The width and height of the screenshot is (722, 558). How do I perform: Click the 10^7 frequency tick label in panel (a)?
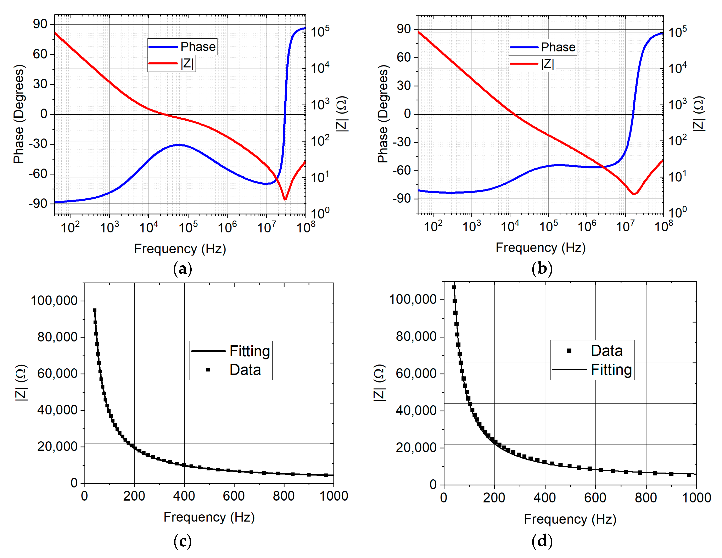tap(267, 227)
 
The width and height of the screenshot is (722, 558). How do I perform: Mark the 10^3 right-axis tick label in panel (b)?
tap(677, 104)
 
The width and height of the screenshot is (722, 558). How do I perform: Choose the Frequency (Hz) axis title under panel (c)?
tap(209, 517)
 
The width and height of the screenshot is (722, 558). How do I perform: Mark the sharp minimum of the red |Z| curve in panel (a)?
tap(285, 199)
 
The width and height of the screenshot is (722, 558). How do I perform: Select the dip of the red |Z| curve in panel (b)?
tap(634, 194)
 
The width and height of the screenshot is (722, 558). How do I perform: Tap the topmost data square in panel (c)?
tap(95, 310)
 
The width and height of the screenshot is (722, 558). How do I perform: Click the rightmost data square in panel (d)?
tap(689, 475)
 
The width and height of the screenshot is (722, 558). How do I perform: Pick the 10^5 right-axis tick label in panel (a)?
tap(320, 31)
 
